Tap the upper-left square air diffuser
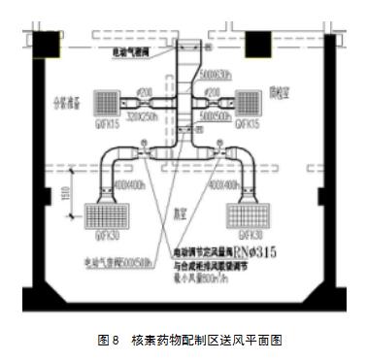(106, 102)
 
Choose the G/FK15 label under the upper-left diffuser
(105, 124)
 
